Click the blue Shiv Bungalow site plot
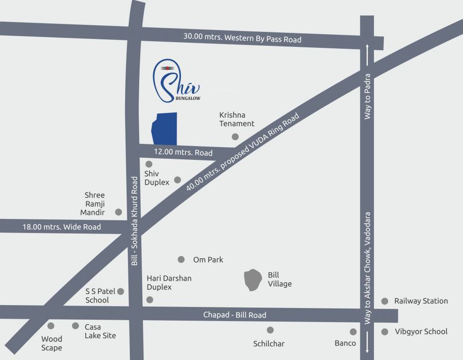pyautogui.click(x=164, y=129)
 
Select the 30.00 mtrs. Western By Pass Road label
pyautogui.click(x=242, y=38)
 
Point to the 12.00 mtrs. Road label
pyautogui.click(x=183, y=152)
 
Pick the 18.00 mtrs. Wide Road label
pyautogui.click(x=61, y=227)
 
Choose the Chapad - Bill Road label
pyautogui.click(x=234, y=315)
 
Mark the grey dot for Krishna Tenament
pyautogui.click(x=235, y=137)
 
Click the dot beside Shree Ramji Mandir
pyautogui.click(x=119, y=212)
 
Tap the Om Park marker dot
pyautogui.click(x=181, y=259)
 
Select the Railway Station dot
pyautogui.click(x=385, y=301)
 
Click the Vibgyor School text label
pyautogui.click(x=421, y=331)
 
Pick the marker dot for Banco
pyautogui.click(x=353, y=332)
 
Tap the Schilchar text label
pyautogui.click(x=269, y=344)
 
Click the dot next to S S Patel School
pyautogui.click(x=120, y=292)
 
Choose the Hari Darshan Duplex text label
pyautogui.click(x=169, y=283)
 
